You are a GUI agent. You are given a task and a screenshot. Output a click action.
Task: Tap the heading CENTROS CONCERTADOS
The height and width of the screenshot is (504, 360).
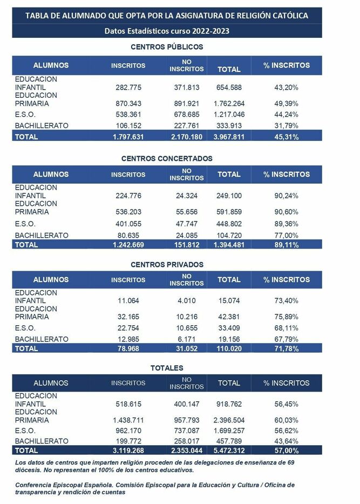[167, 158]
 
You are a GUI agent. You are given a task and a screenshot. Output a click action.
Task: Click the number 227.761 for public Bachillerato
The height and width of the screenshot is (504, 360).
[187, 125]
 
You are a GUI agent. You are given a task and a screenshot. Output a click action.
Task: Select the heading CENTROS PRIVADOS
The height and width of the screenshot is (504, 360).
[167, 264]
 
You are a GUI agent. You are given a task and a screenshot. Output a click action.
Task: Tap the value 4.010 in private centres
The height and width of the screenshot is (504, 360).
[187, 300]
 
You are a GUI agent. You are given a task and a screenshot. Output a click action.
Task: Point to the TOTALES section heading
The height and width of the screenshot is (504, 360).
[167, 368]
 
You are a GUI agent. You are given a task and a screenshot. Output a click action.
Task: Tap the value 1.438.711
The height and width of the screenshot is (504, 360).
[128, 420]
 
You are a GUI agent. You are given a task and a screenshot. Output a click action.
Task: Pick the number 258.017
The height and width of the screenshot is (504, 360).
[187, 441]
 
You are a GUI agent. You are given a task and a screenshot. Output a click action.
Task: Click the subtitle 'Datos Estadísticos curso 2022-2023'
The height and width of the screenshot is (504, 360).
[167, 31]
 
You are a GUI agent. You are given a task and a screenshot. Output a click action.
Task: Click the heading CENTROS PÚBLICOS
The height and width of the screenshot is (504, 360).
[167, 47]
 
